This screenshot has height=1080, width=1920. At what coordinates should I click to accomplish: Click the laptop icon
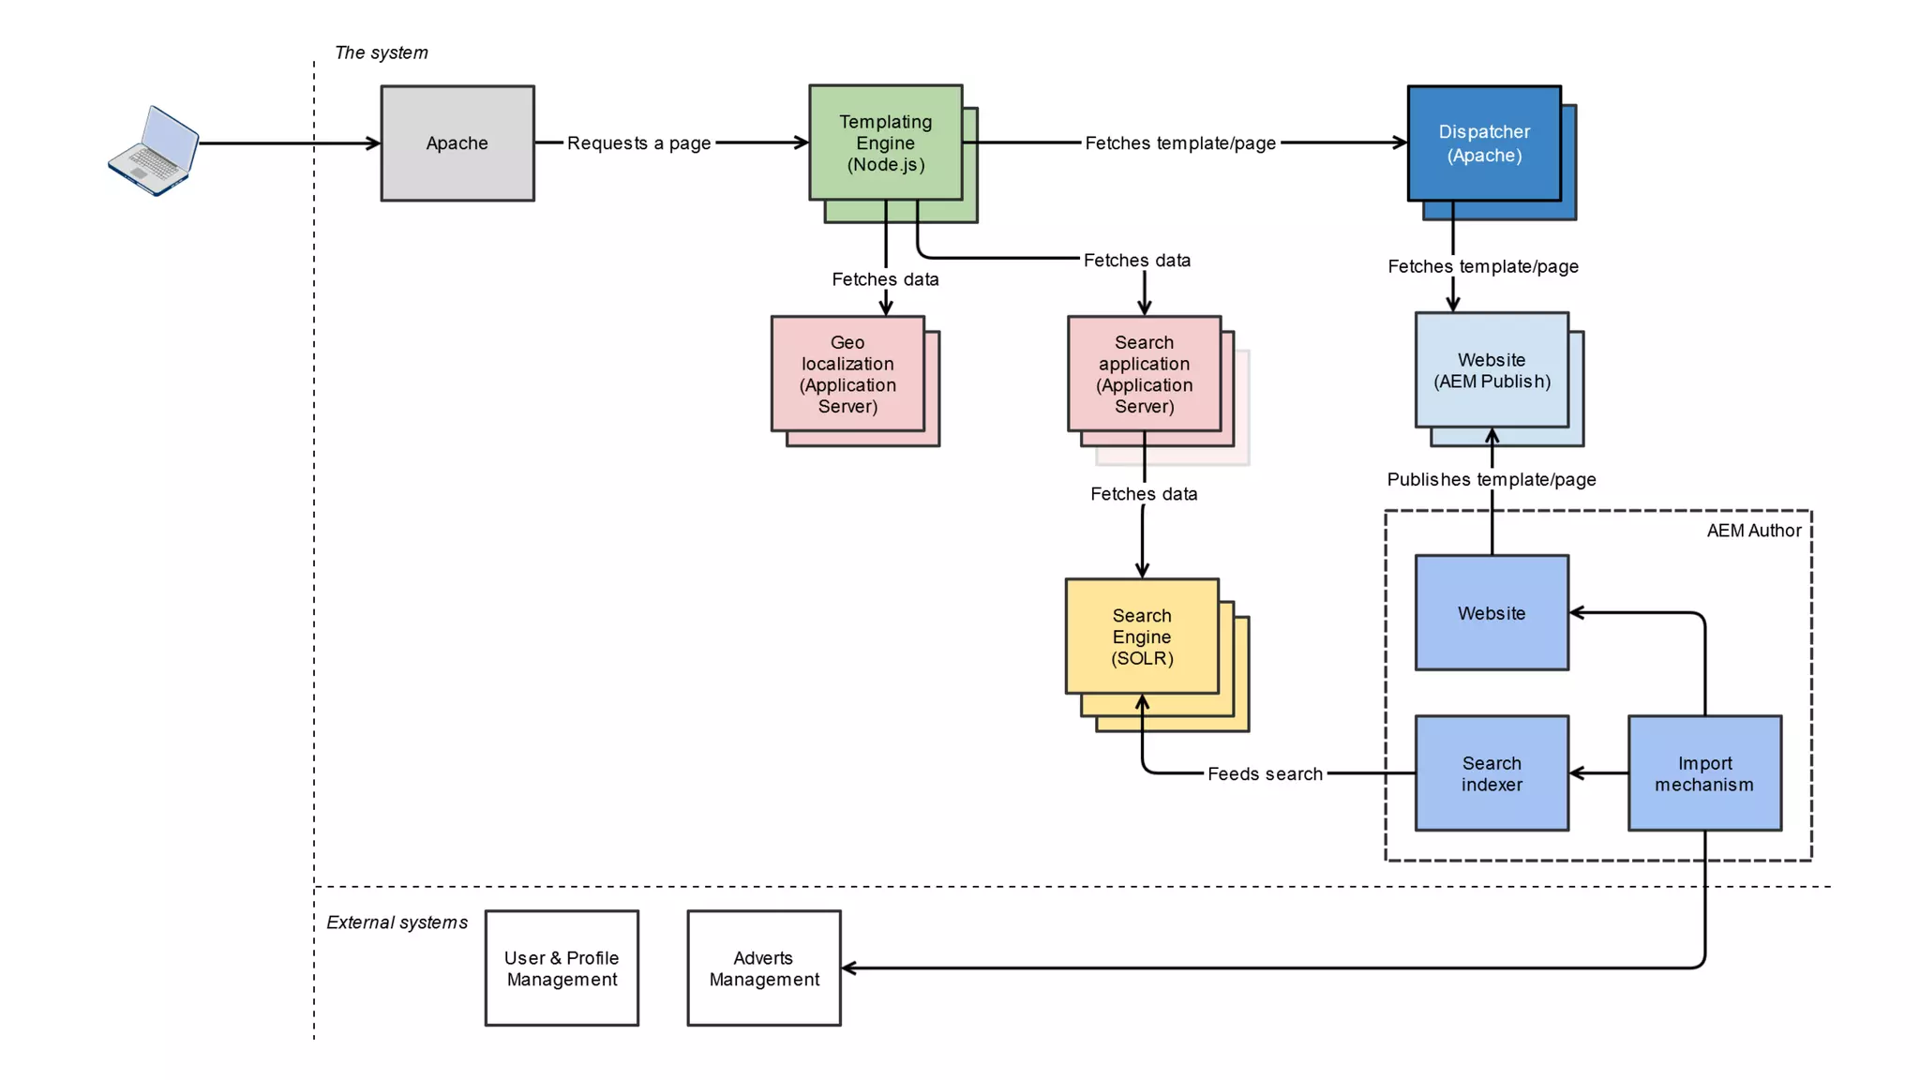[154, 150]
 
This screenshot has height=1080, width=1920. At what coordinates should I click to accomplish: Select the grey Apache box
[457, 143]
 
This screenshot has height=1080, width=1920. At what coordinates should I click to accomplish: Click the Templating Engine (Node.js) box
[885, 142]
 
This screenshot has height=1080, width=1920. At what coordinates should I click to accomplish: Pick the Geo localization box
[847, 374]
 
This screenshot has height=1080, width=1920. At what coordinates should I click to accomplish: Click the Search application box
[1144, 374]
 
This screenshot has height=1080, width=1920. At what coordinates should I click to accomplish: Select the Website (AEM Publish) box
[1491, 370]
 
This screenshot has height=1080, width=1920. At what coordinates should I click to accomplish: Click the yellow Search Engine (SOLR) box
[1141, 637]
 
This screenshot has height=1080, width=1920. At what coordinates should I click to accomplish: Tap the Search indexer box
[1491, 773]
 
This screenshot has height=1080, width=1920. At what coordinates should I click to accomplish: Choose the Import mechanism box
[1703, 773]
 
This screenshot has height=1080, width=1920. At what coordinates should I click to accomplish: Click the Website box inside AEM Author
[1491, 613]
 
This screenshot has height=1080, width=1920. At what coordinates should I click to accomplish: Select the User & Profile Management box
[562, 968]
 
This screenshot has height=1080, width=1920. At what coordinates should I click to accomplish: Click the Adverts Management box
[763, 968]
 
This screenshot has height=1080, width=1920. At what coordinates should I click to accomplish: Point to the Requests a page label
[638, 143]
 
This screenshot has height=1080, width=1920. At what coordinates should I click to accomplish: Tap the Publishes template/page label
[1491, 480]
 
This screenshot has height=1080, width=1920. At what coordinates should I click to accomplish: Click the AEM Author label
[1753, 531]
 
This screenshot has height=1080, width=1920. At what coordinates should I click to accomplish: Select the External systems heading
[397, 922]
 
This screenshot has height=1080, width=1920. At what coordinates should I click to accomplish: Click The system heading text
[381, 52]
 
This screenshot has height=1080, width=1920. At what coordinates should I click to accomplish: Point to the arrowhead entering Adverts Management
[847, 968]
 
